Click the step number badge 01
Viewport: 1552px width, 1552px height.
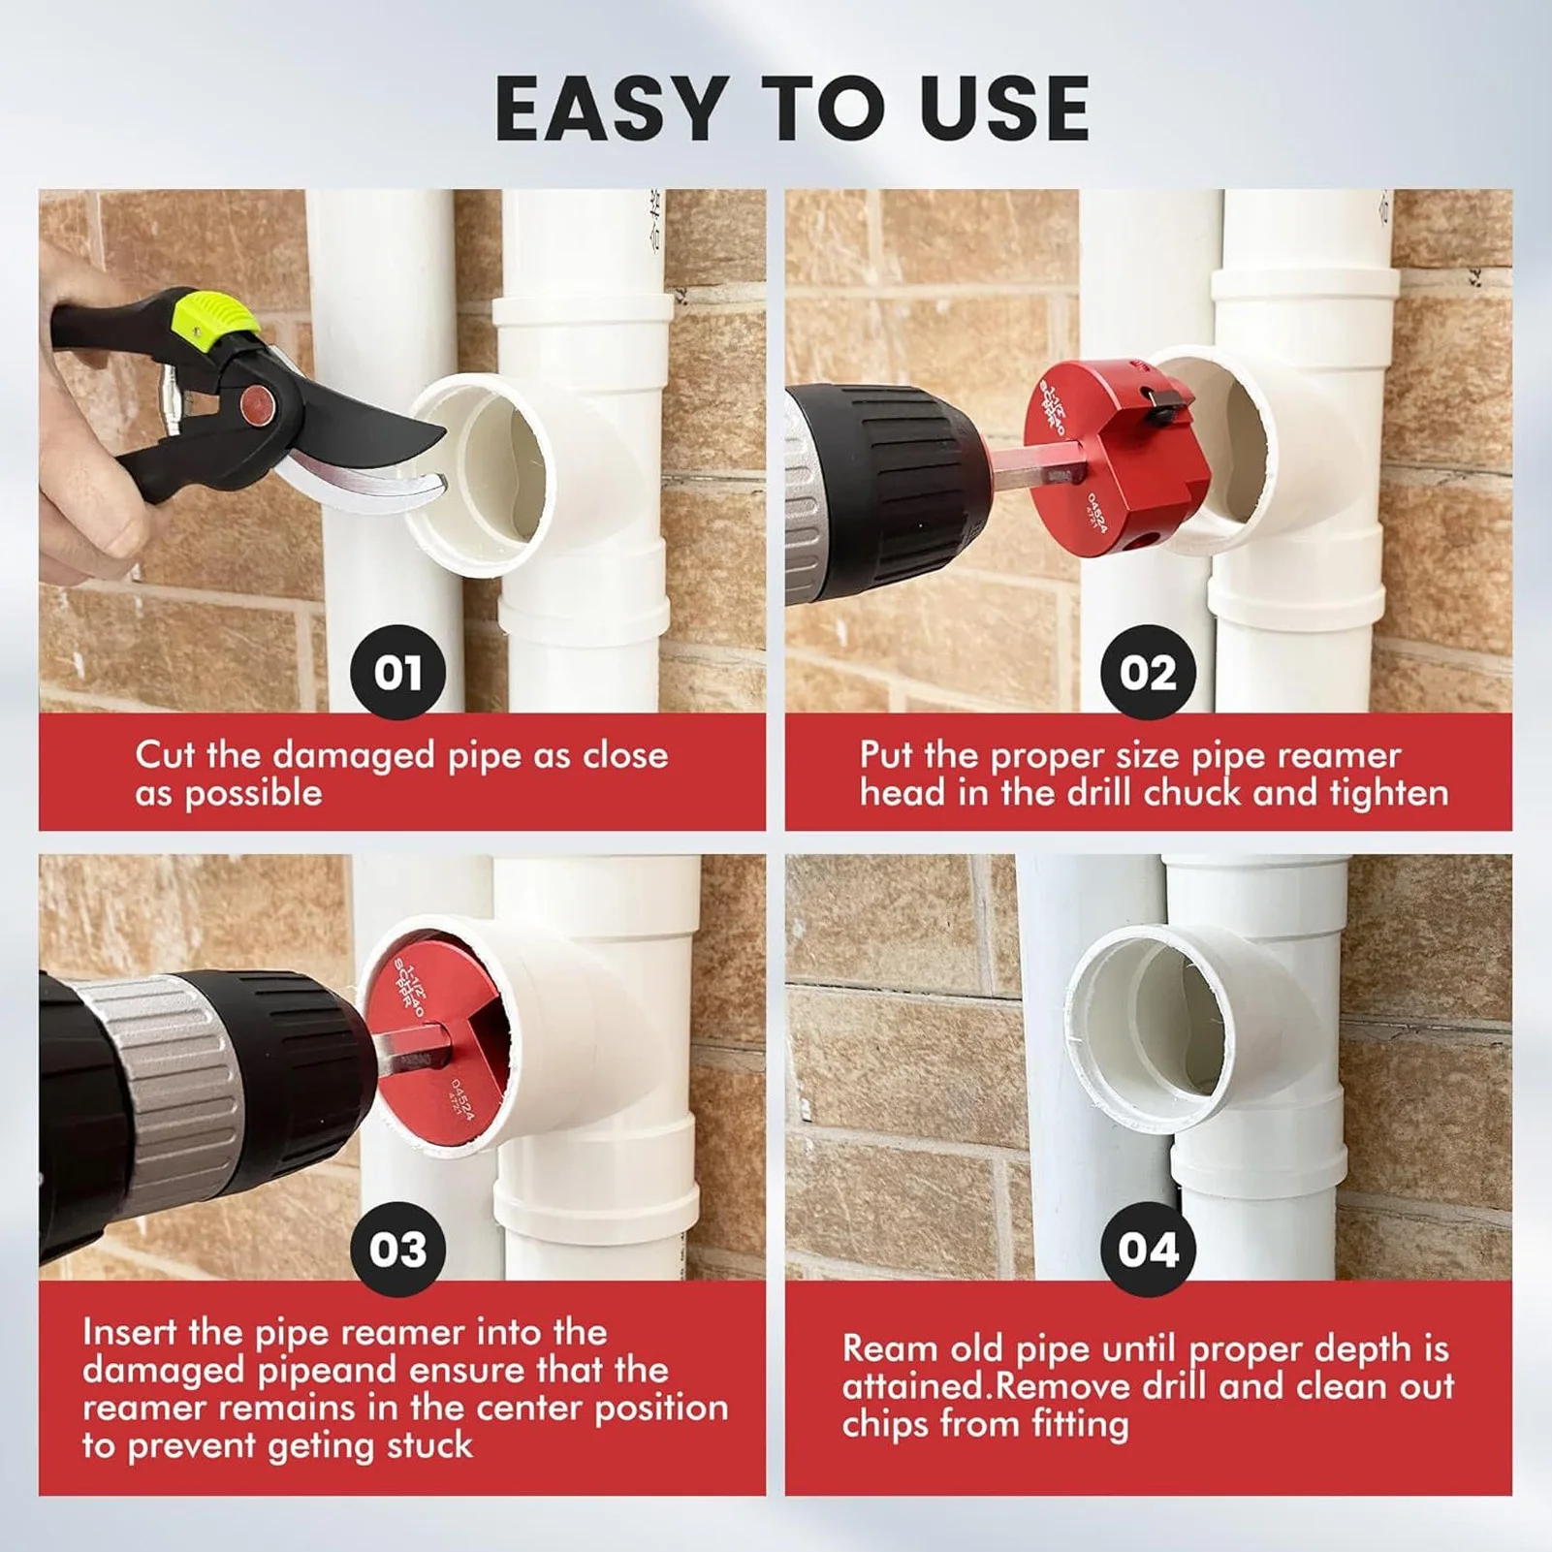tap(397, 672)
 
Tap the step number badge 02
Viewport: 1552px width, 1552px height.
tap(1148, 672)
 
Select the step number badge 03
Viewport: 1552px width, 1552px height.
tap(397, 1249)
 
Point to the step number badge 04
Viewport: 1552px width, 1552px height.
tap(1148, 1249)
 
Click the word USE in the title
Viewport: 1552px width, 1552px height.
tap(1004, 109)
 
